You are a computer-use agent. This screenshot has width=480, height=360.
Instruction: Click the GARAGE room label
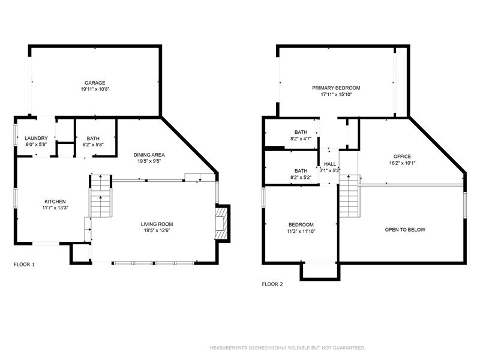(95, 83)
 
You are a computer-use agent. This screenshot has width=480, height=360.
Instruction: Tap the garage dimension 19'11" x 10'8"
(95, 89)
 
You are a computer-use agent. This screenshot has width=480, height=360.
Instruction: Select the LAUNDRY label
(36, 138)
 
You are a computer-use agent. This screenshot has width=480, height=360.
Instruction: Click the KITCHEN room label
(55, 202)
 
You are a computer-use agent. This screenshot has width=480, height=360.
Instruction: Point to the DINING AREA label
(149, 155)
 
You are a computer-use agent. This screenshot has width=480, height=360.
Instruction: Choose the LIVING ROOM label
(157, 224)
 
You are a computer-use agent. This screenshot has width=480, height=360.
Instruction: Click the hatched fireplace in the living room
(221, 223)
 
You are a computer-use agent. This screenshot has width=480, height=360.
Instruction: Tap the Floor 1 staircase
(101, 196)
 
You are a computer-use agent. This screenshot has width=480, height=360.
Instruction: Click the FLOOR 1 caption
(24, 264)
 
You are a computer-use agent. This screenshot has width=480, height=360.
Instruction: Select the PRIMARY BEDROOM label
(336, 88)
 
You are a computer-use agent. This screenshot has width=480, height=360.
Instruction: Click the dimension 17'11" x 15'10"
(336, 95)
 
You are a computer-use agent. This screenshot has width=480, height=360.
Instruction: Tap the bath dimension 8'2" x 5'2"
(301, 177)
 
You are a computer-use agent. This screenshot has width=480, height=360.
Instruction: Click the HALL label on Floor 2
(330, 164)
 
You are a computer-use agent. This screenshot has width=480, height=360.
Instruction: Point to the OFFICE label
(402, 156)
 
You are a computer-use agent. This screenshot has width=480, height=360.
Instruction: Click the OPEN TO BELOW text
(405, 230)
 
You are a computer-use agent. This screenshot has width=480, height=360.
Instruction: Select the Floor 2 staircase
(349, 196)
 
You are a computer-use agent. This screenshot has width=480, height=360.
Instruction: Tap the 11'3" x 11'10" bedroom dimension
(301, 231)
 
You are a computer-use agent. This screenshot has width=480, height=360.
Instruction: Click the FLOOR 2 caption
(272, 284)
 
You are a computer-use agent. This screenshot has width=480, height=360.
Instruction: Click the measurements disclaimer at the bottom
(287, 348)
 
